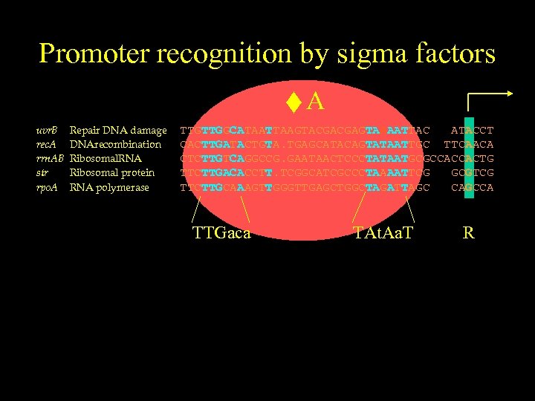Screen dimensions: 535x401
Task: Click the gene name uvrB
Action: pyautogui.click(x=48, y=131)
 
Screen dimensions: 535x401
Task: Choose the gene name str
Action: pyautogui.click(x=43, y=173)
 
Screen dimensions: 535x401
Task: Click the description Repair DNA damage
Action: pyautogui.click(x=118, y=131)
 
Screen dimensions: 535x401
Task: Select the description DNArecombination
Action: pyautogui.click(x=115, y=145)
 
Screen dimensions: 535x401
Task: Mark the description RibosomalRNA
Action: pyautogui.click(x=106, y=159)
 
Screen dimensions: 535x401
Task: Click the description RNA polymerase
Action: pyautogui.click(x=109, y=187)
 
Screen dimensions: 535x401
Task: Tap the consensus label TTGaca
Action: pyautogui.click(x=221, y=233)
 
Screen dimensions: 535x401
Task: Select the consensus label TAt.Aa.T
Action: pyautogui.click(x=383, y=233)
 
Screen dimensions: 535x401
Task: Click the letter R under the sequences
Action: pyautogui.click(x=468, y=233)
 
